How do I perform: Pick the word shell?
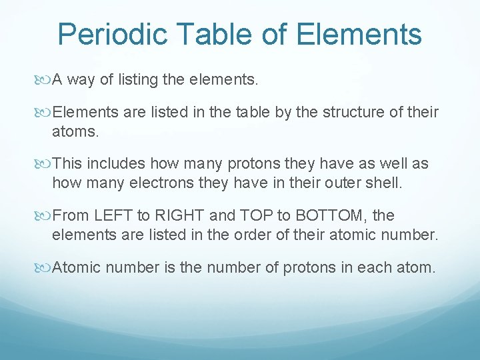tap(385, 183)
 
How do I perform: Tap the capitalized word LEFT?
tap(113, 216)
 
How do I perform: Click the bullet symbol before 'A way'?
tap(44, 81)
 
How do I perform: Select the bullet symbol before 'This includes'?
tap(44, 164)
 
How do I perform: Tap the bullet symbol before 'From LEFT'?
tap(44, 216)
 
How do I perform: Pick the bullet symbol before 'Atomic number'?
tap(44, 268)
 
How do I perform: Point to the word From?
tap(69, 216)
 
